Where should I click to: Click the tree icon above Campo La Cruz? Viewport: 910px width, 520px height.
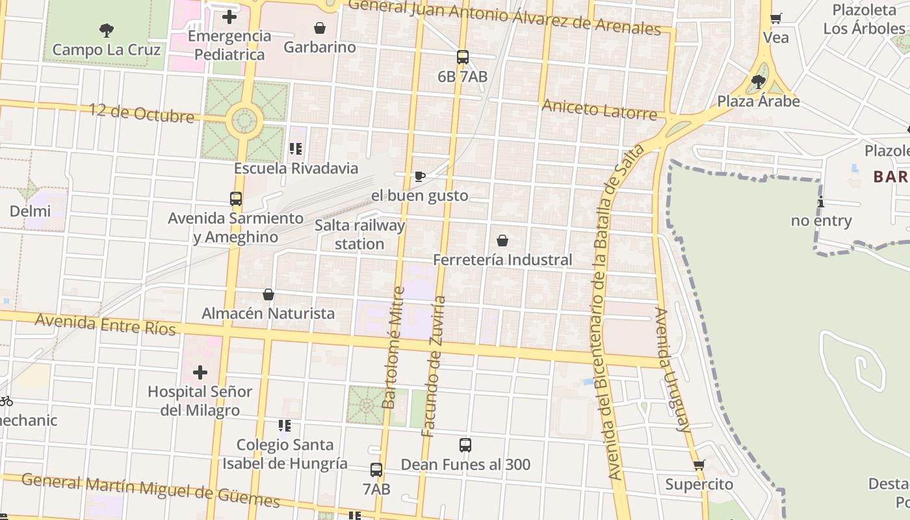pyautogui.click(x=107, y=29)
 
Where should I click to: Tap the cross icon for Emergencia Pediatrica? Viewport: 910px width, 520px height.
pyautogui.click(x=229, y=17)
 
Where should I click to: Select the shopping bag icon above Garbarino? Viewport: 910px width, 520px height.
pyautogui.click(x=320, y=28)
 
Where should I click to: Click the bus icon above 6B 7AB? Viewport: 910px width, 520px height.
pyautogui.click(x=462, y=57)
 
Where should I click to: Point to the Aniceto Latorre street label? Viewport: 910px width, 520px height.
pyautogui.click(x=599, y=109)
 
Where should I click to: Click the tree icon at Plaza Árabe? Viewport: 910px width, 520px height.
pyautogui.click(x=758, y=82)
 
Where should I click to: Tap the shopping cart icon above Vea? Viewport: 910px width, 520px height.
pyautogui.click(x=775, y=18)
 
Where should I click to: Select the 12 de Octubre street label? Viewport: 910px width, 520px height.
pyautogui.click(x=142, y=113)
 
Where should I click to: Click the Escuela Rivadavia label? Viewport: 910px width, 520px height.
pyautogui.click(x=296, y=168)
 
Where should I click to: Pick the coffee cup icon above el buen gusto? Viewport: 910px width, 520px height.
pyautogui.click(x=420, y=176)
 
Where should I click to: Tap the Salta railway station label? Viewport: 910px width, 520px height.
pyautogui.click(x=359, y=235)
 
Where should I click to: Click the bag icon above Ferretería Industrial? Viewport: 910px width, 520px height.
pyautogui.click(x=502, y=240)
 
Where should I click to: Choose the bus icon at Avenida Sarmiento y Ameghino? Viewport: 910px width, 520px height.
pyautogui.click(x=236, y=199)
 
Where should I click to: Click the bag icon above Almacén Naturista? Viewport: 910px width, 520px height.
pyautogui.click(x=268, y=294)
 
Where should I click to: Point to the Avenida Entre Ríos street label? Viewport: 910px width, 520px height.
pyautogui.click(x=105, y=324)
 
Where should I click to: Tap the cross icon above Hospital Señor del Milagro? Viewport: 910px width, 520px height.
pyautogui.click(x=200, y=372)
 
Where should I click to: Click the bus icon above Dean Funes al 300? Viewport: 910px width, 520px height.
pyautogui.click(x=465, y=445)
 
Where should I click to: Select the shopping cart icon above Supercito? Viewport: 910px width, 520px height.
pyautogui.click(x=699, y=465)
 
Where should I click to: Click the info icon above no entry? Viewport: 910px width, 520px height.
pyautogui.click(x=821, y=201)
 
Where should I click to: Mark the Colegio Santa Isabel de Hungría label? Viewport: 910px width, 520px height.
pyautogui.click(x=285, y=454)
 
